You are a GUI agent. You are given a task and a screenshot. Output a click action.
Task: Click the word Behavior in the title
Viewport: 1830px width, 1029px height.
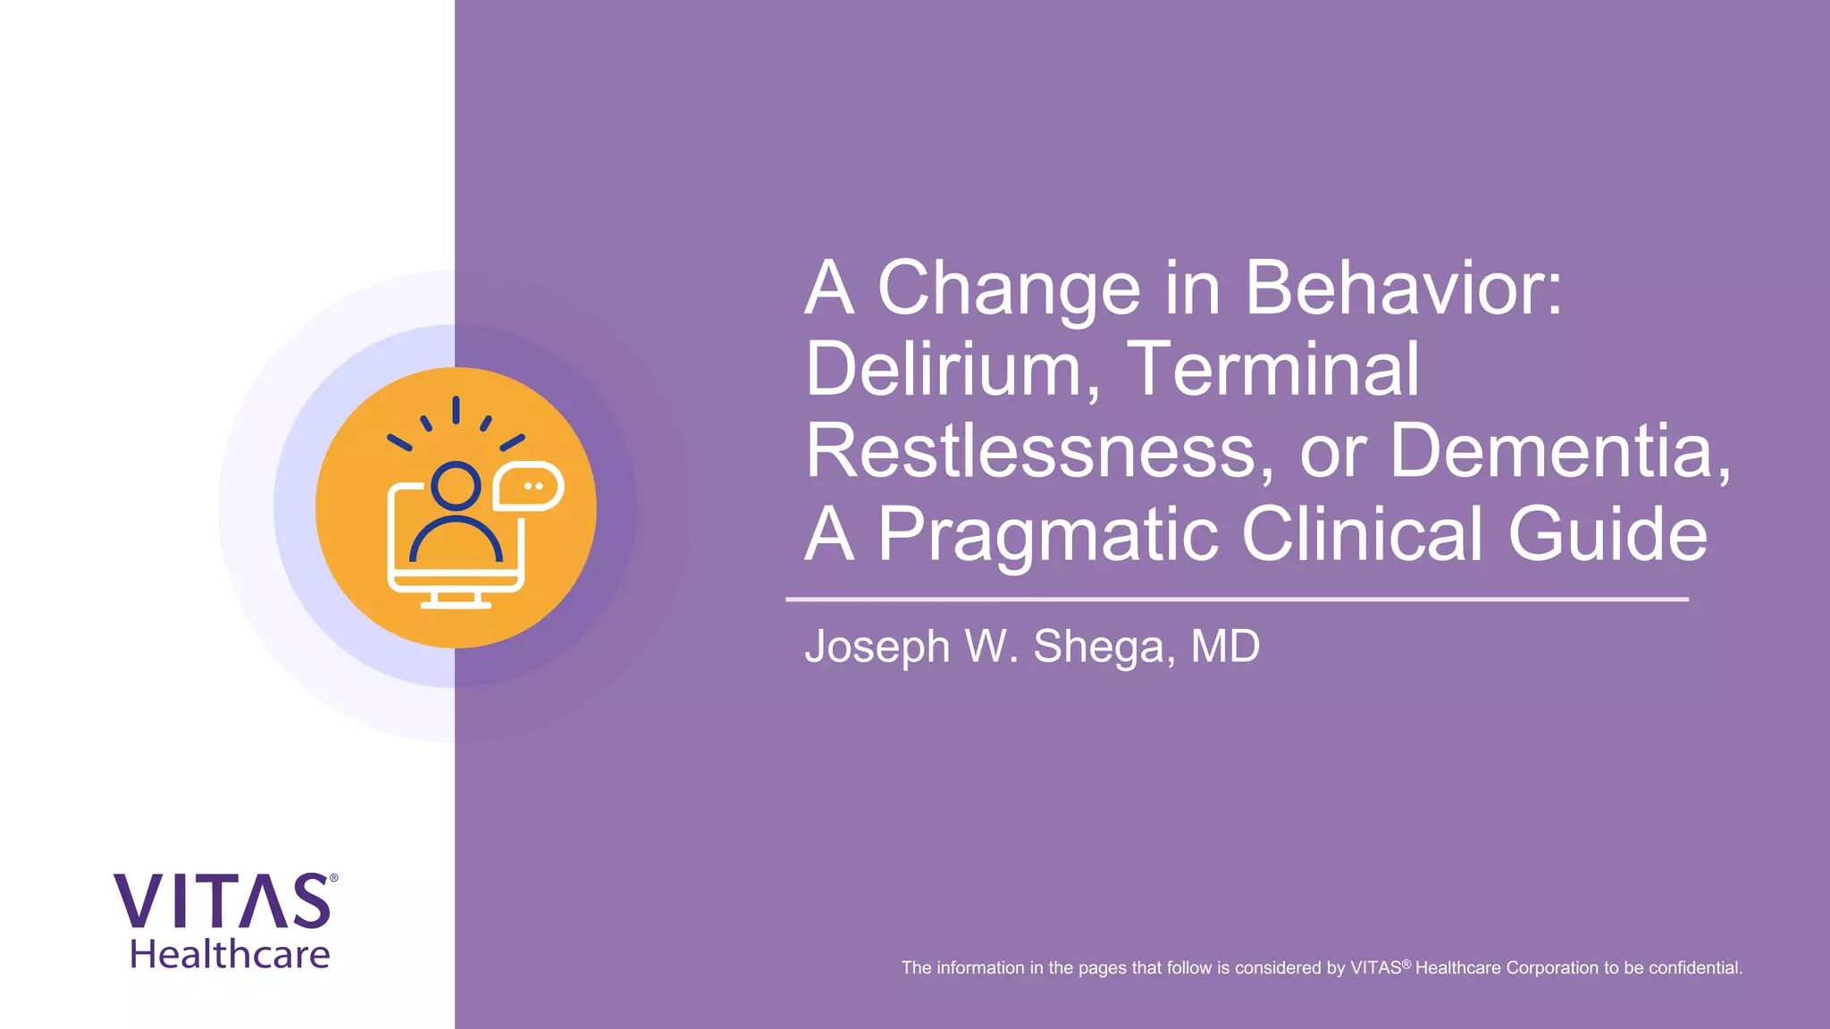pos(1403,288)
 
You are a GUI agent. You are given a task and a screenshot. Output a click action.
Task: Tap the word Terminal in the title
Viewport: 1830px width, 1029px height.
pos(1272,369)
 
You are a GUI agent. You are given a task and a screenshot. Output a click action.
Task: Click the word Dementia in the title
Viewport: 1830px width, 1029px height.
pos(1559,451)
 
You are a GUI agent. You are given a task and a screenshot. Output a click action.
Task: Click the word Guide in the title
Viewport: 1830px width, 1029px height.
pos(1608,533)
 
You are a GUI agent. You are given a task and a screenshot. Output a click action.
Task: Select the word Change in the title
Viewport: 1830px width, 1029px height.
pos(1009,288)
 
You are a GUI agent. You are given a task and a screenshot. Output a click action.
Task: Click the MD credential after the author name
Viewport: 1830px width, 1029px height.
pos(1225,646)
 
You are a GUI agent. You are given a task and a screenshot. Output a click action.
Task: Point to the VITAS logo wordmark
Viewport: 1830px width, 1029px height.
pos(222,901)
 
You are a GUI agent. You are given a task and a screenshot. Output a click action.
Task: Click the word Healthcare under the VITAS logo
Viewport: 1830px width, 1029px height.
pos(231,955)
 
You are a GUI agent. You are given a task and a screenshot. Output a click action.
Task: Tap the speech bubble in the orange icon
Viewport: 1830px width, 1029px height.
pos(529,486)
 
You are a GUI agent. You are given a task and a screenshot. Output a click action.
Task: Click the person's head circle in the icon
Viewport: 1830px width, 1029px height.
pos(456,486)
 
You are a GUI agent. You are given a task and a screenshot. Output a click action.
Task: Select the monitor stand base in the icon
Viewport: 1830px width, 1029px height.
pos(456,604)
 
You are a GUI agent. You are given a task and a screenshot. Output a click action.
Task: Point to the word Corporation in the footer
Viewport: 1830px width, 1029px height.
pos(1553,967)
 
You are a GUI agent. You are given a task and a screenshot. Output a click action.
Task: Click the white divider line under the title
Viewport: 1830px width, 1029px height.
pos(1237,599)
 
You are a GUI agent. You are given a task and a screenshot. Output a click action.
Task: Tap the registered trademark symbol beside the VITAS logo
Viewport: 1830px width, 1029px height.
pos(334,879)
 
